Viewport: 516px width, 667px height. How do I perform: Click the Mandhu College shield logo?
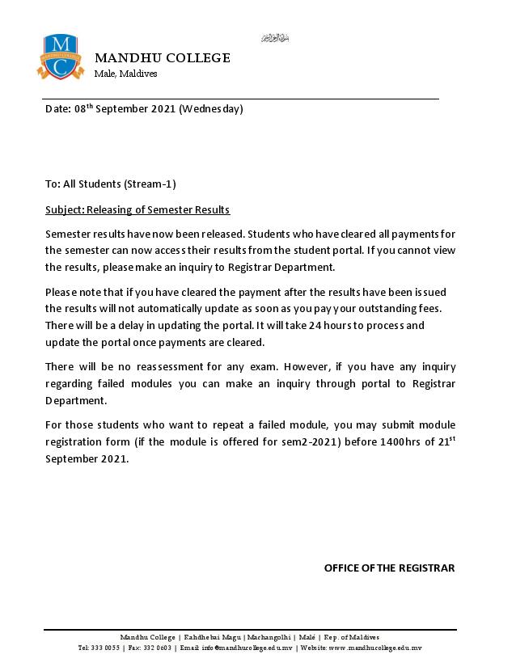(x=60, y=57)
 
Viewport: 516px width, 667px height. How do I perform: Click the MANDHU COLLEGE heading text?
(x=163, y=58)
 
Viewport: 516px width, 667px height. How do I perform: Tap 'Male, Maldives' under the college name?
(x=125, y=74)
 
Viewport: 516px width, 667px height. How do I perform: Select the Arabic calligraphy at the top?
(x=275, y=38)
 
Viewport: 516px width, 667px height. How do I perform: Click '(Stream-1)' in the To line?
(x=150, y=184)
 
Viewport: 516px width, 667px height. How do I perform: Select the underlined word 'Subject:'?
(x=65, y=209)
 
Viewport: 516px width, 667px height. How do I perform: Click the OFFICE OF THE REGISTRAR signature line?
(x=389, y=568)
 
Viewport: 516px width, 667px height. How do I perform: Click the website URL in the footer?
(x=376, y=648)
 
